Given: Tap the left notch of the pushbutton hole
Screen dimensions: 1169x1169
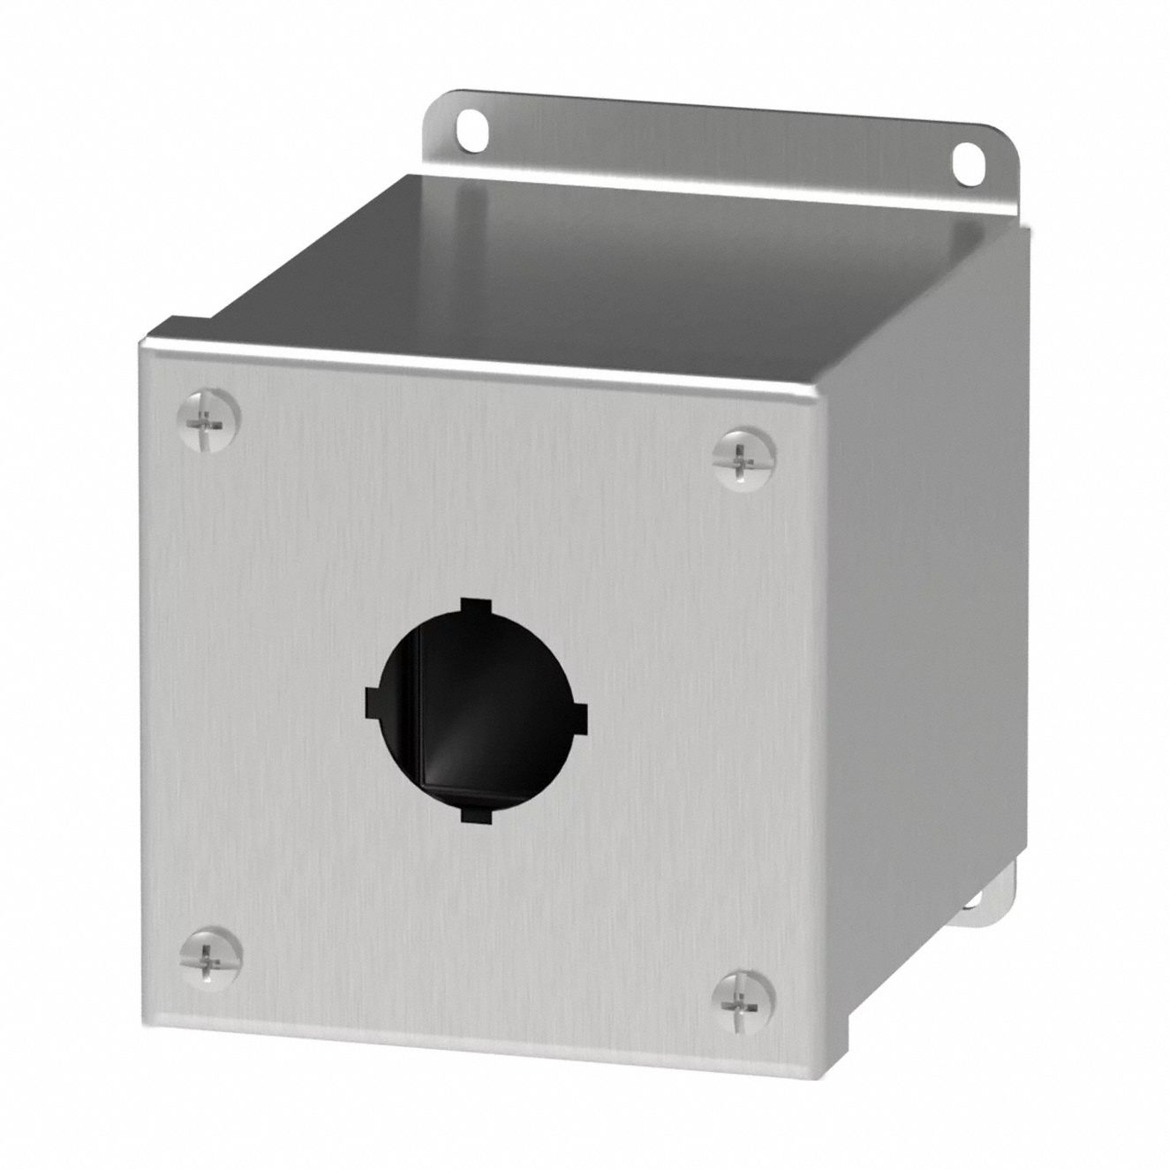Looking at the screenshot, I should coord(374,703).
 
